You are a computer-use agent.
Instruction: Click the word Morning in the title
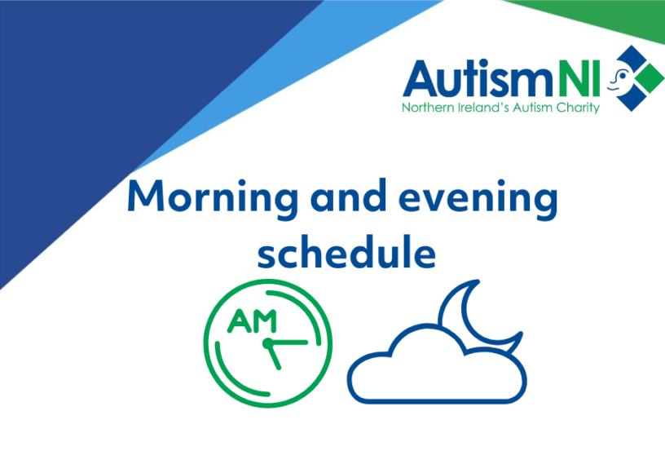coord(213,198)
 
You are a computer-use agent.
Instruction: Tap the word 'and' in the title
coord(348,196)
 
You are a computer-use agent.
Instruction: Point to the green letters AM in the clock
coord(253,321)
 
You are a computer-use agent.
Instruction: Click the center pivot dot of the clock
coord(267,343)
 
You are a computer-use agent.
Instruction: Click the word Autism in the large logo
coord(478,79)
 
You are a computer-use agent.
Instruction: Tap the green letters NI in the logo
coord(579,78)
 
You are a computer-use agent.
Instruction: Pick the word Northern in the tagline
coord(428,108)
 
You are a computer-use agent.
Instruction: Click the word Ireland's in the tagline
coord(483,108)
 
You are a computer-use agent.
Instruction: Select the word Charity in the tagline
coord(578,108)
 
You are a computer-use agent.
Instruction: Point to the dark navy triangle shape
coord(106,106)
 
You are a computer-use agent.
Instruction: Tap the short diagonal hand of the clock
coord(274,356)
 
